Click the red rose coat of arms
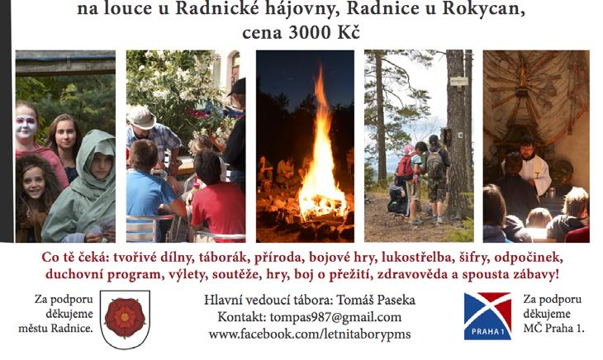pyautogui.click(x=125, y=320)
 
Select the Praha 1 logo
pyautogui.click(x=487, y=316)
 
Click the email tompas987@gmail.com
pyautogui.click(x=335, y=317)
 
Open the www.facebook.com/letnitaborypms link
pyautogui.click(x=310, y=334)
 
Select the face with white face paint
pyautogui.click(x=26, y=126)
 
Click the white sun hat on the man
pyautogui.click(x=141, y=117)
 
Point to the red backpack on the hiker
pyautogui.click(x=406, y=166)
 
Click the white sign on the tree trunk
pyautogui.click(x=459, y=82)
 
